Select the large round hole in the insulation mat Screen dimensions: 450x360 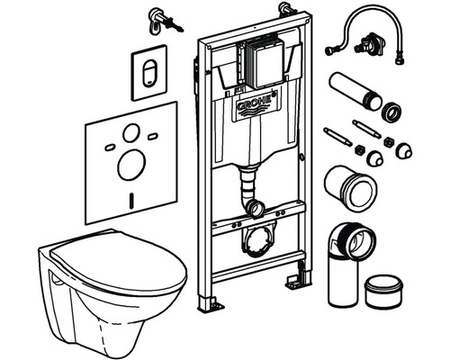pyautogui.click(x=131, y=165)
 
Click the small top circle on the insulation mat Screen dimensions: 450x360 pyautogui.click(x=131, y=133)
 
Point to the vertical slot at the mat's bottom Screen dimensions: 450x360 pyautogui.click(x=130, y=201)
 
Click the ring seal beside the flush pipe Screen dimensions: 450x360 pyautogui.click(x=391, y=112)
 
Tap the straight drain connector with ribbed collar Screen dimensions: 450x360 pyautogui.click(x=350, y=188)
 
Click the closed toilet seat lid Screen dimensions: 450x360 pyautogui.click(x=119, y=258)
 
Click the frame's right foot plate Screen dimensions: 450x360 pyautogui.click(x=293, y=280)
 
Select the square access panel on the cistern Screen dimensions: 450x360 pyautogui.click(x=265, y=64)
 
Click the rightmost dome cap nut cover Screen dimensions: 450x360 pyautogui.click(x=404, y=150)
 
